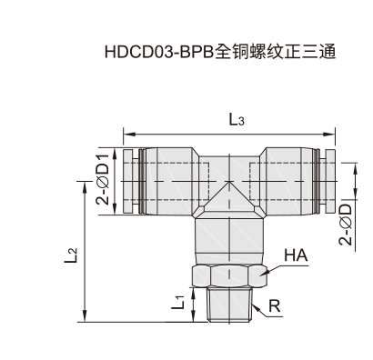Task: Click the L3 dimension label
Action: click(x=237, y=120)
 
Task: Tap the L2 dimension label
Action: click(x=71, y=255)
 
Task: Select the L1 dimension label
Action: click(x=178, y=303)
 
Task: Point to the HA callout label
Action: click(x=296, y=255)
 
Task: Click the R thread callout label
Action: click(x=274, y=306)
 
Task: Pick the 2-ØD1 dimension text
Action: click(x=102, y=179)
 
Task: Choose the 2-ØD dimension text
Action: click(x=346, y=225)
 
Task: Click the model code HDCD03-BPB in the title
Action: click(x=159, y=52)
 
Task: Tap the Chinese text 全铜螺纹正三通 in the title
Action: click(x=276, y=52)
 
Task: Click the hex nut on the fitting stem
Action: click(x=229, y=275)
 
